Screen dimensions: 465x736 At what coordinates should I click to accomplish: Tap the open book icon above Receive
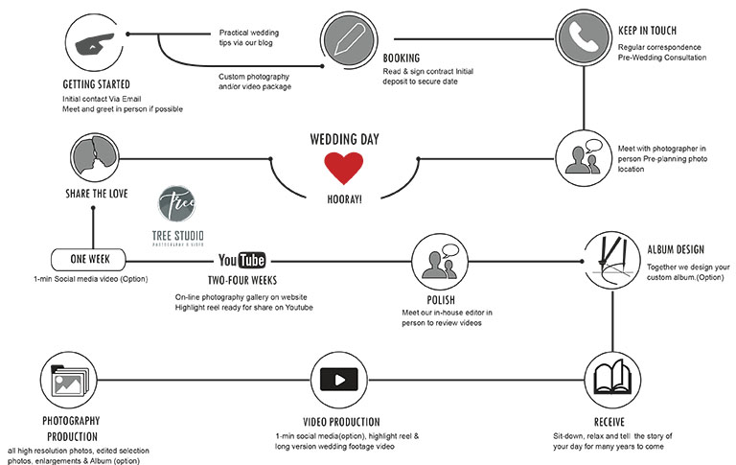click(x=611, y=377)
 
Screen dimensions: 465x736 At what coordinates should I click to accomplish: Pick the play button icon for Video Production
click(x=339, y=379)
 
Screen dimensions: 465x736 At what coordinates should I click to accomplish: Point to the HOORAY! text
click(x=343, y=199)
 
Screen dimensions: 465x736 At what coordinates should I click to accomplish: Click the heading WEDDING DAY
click(x=343, y=139)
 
